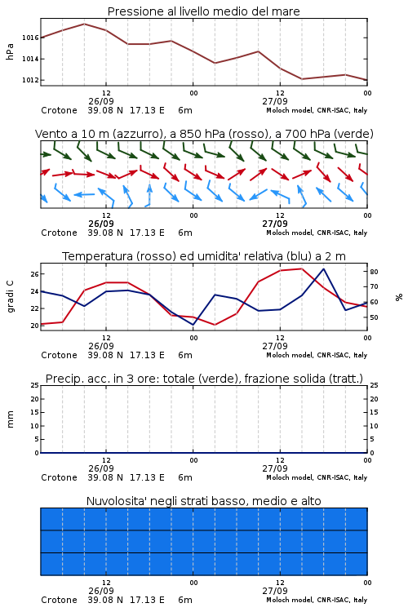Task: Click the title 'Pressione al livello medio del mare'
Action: point(204,11)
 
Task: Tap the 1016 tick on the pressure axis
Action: point(30,38)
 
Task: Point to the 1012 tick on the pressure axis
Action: point(30,80)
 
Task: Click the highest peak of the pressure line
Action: point(84,24)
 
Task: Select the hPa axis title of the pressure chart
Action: point(10,51)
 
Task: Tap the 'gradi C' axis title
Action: point(10,297)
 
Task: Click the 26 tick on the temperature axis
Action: point(34,274)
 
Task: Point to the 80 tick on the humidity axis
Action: point(374,272)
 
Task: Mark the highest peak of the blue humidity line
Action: point(323,268)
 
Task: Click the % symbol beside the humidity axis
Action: point(399,297)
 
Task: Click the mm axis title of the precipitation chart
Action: point(10,419)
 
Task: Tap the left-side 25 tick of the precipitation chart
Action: point(34,385)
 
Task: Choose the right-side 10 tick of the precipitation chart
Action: point(374,426)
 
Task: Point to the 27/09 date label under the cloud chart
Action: point(275,591)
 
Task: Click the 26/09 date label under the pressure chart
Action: point(101,101)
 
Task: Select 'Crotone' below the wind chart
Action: point(59,233)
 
